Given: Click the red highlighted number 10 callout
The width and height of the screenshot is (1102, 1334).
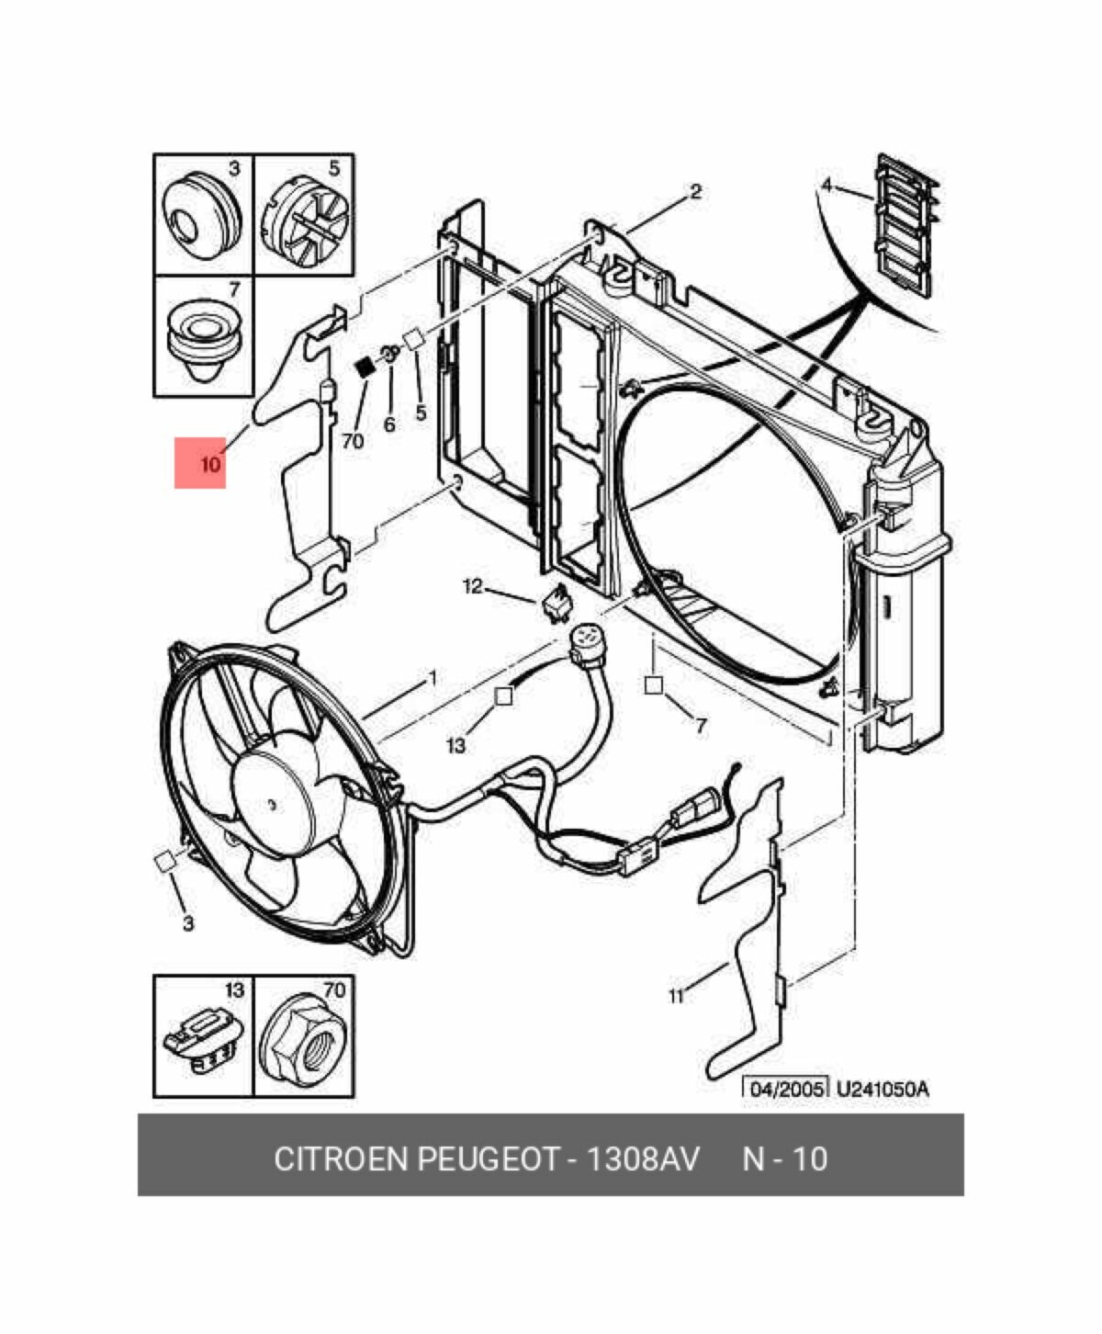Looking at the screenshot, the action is point(200,462).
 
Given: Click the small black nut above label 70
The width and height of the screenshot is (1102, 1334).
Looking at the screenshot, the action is point(365,367).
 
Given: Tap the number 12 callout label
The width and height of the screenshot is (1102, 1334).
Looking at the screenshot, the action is point(473,585).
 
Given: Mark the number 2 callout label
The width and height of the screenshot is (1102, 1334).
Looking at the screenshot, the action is point(696,190).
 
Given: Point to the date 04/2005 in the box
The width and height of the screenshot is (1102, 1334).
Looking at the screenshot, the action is point(785,1088).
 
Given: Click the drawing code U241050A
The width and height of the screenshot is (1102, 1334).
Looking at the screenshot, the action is point(883,1088).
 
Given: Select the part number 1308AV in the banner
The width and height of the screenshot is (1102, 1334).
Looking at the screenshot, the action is point(643,1159).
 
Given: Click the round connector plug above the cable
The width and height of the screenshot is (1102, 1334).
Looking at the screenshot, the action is point(584,645).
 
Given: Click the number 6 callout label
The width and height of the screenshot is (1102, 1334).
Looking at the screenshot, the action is point(389,424).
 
